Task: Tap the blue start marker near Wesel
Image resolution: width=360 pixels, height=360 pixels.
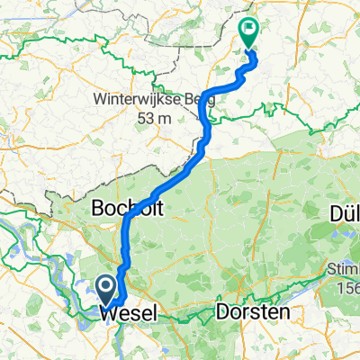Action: pos(104,289)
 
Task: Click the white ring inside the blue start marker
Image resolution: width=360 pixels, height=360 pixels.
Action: pos(104,286)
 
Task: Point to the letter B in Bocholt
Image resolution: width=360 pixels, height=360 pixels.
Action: pos(99,208)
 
